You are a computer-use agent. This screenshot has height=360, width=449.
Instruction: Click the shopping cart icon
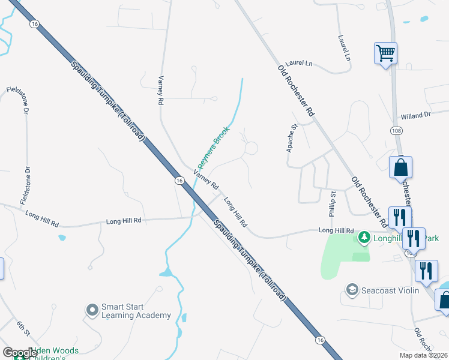pos(385,53)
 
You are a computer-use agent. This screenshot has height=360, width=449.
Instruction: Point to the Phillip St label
pos(332,203)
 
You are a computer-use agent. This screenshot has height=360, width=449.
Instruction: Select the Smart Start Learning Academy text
pos(136,311)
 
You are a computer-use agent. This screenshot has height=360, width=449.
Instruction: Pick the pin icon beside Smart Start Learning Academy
pos(92,310)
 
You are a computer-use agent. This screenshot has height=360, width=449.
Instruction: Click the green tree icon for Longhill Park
pos(364,238)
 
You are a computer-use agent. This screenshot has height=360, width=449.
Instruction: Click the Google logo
pos(19,353)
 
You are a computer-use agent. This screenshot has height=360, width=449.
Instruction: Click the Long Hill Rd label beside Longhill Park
pos(336,230)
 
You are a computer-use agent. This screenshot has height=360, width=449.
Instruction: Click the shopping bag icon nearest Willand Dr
pos(400,168)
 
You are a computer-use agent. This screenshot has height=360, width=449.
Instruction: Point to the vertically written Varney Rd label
pos(160,91)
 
